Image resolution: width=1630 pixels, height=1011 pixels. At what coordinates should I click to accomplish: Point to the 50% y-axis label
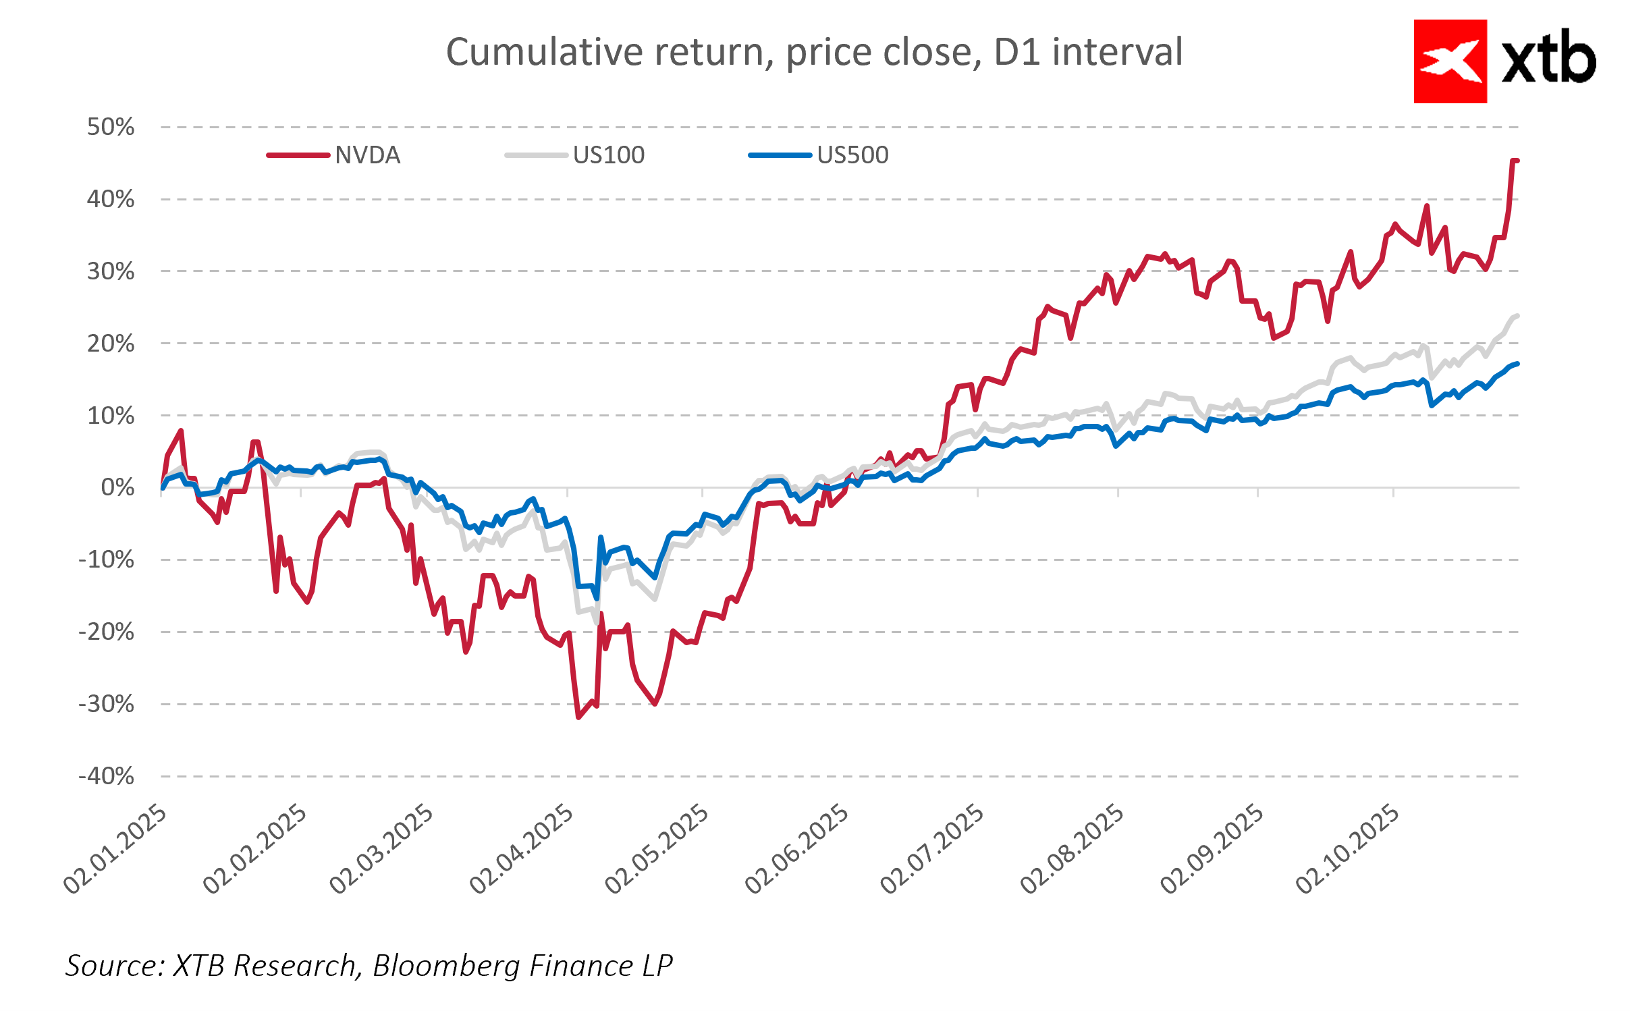point(111,127)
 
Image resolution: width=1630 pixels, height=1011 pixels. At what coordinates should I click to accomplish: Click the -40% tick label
point(107,776)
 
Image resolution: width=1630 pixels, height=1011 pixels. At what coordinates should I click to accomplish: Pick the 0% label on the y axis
point(117,487)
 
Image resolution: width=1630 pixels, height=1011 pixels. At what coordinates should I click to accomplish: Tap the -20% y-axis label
point(107,632)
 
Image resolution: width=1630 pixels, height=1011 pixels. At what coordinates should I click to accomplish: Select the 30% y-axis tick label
point(111,271)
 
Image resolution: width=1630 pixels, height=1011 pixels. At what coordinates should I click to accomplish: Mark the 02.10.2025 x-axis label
point(1349,849)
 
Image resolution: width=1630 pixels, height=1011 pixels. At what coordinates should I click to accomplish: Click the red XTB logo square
point(1450,61)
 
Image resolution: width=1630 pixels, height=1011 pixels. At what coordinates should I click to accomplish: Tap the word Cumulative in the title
point(545,52)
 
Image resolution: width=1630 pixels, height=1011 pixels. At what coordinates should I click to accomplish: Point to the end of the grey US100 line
point(1517,316)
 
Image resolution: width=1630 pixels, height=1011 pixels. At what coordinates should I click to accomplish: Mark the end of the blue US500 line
point(1517,364)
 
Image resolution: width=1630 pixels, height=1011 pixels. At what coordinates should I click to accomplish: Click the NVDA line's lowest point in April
point(578,717)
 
